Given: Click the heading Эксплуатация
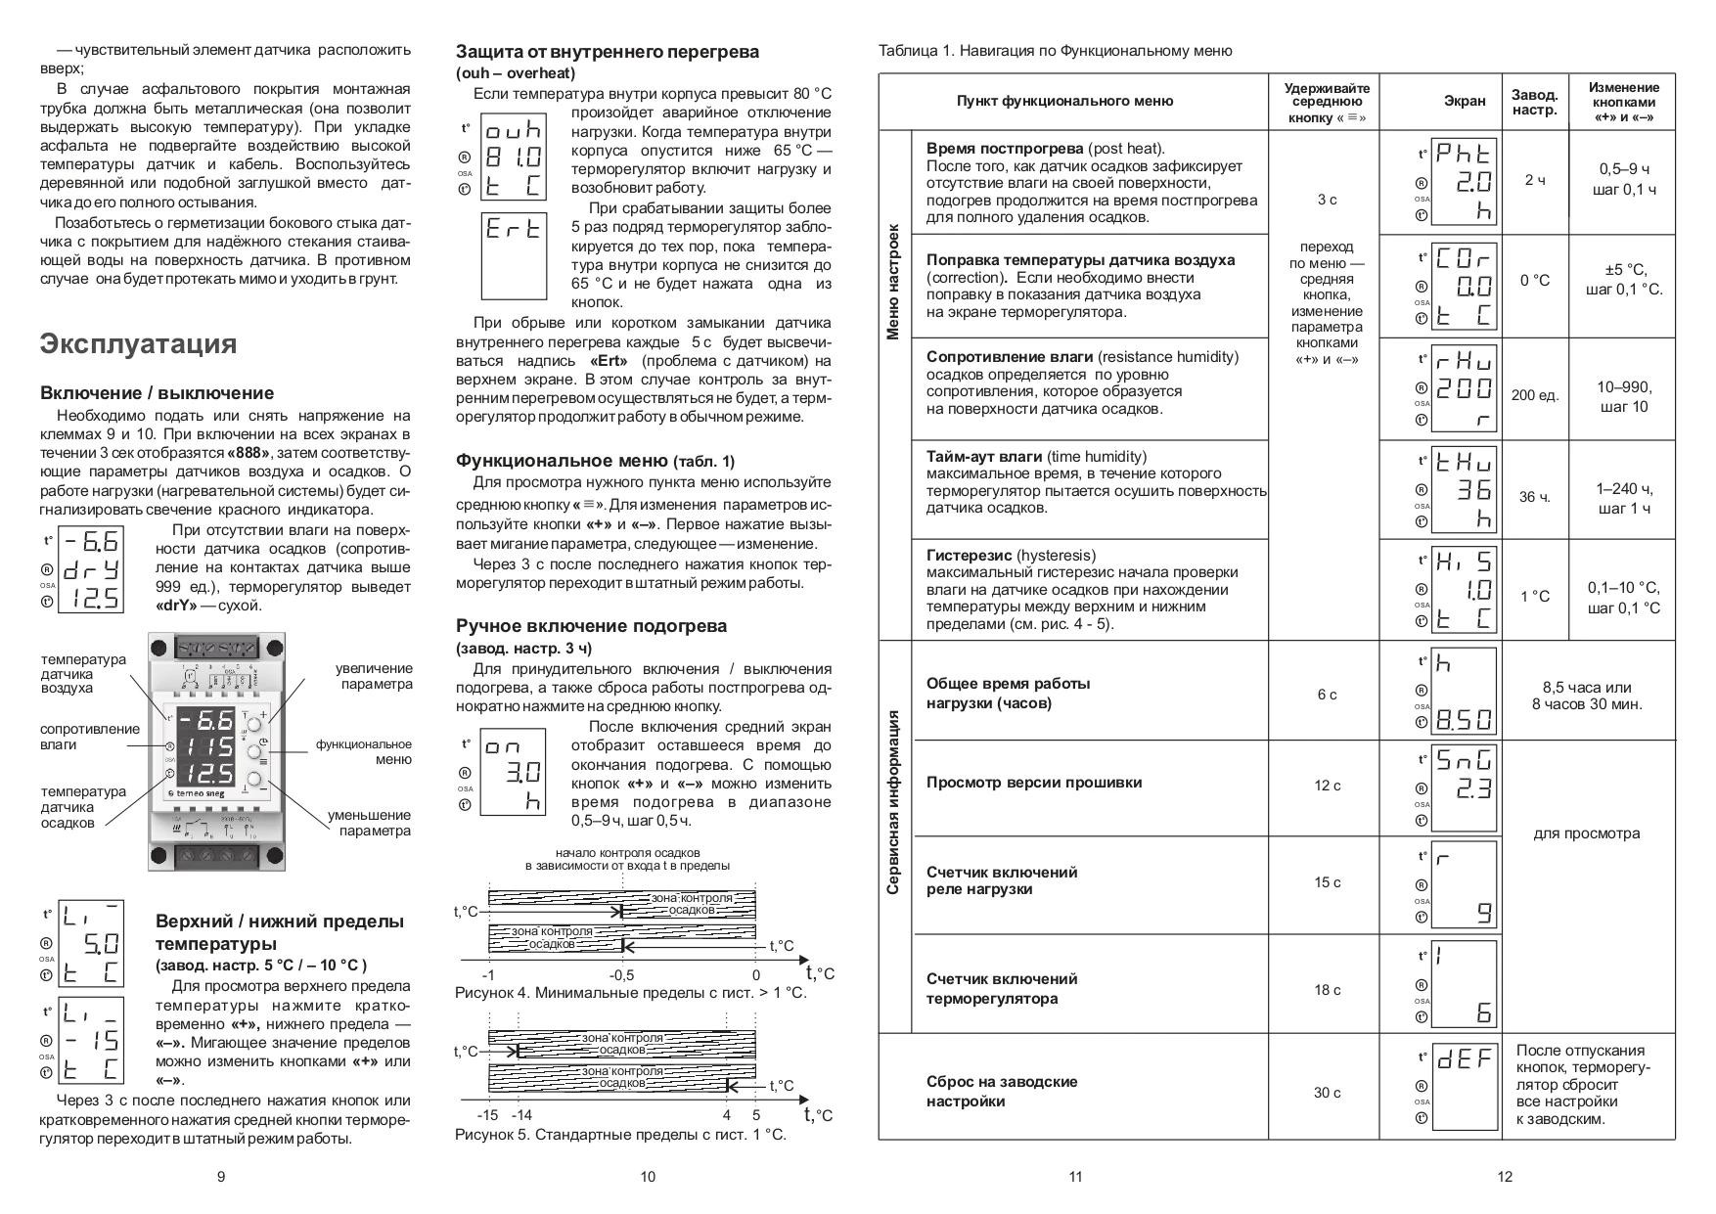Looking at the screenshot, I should [x=138, y=343].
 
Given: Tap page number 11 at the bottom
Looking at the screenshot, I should [x=1075, y=1177].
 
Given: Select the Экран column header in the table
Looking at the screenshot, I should [x=1464, y=101].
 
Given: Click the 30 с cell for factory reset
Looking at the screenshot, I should [x=1327, y=1093].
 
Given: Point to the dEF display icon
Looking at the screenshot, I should [x=1464, y=1058].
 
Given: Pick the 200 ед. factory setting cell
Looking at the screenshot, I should [x=1534, y=395].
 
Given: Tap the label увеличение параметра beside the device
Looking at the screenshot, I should [x=374, y=676].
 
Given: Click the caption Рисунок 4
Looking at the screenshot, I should [x=630, y=993].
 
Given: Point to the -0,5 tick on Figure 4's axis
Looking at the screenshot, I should [x=620, y=975].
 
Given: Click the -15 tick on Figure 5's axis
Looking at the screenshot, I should [x=487, y=1115].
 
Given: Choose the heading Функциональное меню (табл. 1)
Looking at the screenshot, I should [x=595, y=461].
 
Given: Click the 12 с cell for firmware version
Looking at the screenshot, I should [x=1327, y=786].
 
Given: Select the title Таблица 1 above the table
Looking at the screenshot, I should [x=1055, y=51].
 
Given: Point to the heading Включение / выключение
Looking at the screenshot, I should [x=157, y=393].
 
